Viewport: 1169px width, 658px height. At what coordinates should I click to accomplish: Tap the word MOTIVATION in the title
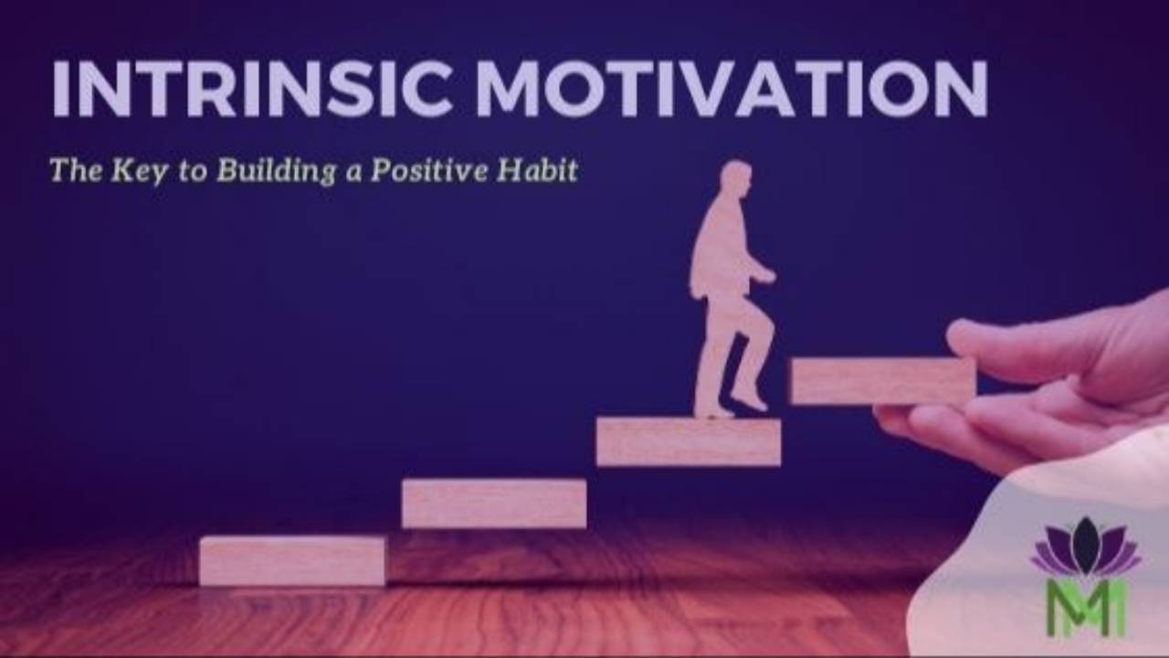click(x=732, y=90)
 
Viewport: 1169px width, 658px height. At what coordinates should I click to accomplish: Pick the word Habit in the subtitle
click(x=543, y=171)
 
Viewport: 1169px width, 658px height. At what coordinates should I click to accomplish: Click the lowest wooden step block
click(x=292, y=560)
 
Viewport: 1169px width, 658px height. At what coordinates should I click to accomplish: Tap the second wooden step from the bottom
click(x=494, y=503)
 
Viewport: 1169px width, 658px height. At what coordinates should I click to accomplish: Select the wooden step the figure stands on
click(x=689, y=441)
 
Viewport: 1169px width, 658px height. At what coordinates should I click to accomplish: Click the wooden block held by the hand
click(x=877, y=380)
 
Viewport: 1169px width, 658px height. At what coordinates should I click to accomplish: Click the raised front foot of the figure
click(x=751, y=399)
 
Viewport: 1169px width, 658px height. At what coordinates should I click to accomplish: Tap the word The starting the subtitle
click(x=74, y=171)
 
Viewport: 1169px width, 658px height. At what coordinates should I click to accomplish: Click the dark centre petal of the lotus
click(x=1086, y=543)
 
